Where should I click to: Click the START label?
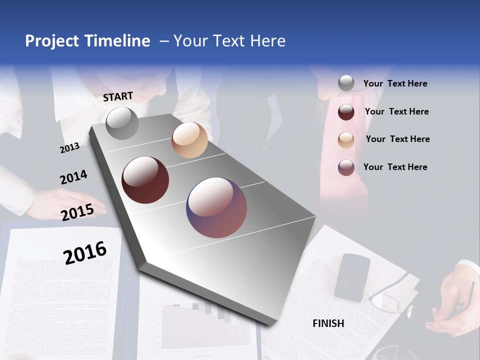point(118,96)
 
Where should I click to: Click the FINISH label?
point(328,323)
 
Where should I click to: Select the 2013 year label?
point(69,147)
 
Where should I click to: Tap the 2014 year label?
point(73,177)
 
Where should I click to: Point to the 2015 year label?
point(77,212)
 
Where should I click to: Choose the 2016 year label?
point(85,252)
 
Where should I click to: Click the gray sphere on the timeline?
point(122,123)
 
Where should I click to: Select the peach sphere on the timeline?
point(189,140)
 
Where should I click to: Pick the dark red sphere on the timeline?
point(145,180)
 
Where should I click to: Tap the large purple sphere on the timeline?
point(216,207)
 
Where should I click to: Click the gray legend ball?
point(346,83)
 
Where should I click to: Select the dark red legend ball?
point(346,112)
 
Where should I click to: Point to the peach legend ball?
point(346,140)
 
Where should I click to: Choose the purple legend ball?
point(346,167)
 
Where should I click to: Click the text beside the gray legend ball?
point(395,83)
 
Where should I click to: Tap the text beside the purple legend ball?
point(395,167)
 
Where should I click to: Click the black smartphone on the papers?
point(352,276)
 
